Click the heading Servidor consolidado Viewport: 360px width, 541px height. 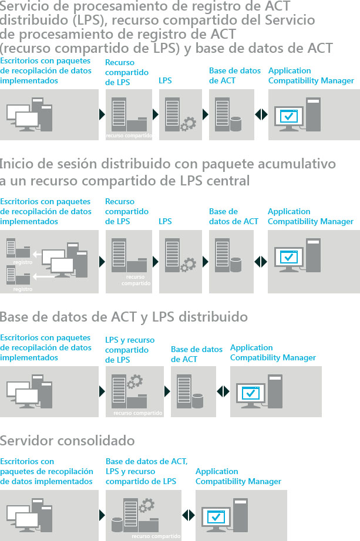point(68,441)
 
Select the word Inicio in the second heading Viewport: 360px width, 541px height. point(16,164)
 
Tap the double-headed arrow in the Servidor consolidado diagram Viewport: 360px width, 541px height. point(189,515)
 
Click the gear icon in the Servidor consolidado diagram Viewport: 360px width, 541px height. point(146,506)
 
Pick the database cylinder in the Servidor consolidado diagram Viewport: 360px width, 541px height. point(117,525)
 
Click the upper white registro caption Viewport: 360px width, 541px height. point(23,262)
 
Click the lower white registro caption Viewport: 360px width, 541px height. point(23,289)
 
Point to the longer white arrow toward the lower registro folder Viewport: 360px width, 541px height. point(43,277)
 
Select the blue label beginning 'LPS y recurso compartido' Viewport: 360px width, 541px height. point(130,350)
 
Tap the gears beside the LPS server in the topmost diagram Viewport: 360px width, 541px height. point(189,124)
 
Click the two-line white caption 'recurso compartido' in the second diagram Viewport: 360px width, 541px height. point(136,280)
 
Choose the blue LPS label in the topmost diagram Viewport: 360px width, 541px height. point(165,80)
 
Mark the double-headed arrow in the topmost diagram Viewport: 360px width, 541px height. point(261,114)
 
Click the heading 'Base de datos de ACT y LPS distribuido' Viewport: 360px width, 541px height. point(124,317)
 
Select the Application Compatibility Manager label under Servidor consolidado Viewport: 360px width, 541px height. point(238,476)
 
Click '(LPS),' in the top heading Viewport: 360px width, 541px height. point(90,20)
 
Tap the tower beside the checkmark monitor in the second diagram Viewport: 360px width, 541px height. point(313,255)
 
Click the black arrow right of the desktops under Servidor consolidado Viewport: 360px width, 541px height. point(102,515)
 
